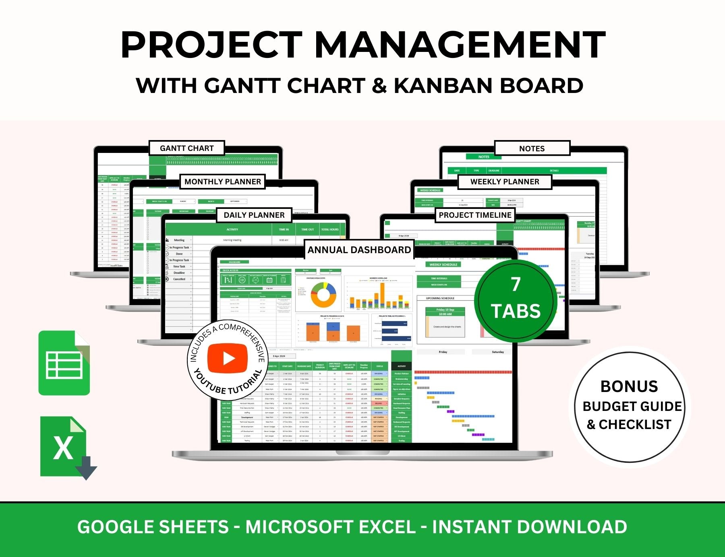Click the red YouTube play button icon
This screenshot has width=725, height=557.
(x=227, y=358)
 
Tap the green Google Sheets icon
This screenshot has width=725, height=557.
(x=64, y=363)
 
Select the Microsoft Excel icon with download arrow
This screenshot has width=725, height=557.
(x=66, y=447)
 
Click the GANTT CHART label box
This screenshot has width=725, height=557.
(x=186, y=148)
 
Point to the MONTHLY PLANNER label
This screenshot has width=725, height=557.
(x=222, y=182)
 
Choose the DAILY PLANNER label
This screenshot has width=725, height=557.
(x=254, y=215)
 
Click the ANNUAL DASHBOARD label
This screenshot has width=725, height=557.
(x=359, y=250)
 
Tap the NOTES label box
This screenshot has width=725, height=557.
(x=532, y=149)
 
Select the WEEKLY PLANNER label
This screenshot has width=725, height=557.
(x=504, y=182)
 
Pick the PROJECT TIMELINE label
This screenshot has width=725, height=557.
(x=475, y=215)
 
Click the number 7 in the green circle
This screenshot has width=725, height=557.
(x=516, y=284)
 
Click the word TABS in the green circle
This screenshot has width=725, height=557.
(x=516, y=311)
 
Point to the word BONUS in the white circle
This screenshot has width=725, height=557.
(x=629, y=386)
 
